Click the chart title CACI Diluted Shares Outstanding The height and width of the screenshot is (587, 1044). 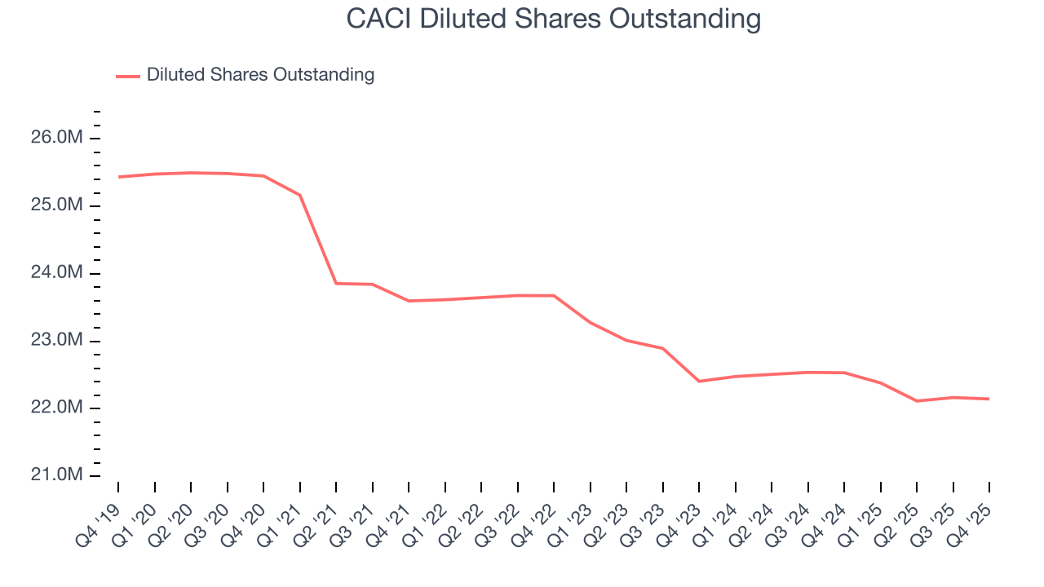tap(553, 19)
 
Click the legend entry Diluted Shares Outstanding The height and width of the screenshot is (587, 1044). tap(260, 75)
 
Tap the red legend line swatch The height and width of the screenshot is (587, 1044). tap(128, 76)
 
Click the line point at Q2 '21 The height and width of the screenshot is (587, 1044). tap(336, 283)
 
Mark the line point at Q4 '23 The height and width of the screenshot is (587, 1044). tap(699, 381)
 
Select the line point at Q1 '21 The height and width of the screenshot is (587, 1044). tap(300, 195)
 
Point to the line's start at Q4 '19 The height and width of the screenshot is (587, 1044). tap(118, 177)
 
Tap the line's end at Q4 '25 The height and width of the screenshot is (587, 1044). tap(989, 399)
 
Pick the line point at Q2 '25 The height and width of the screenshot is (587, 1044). tap(917, 401)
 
